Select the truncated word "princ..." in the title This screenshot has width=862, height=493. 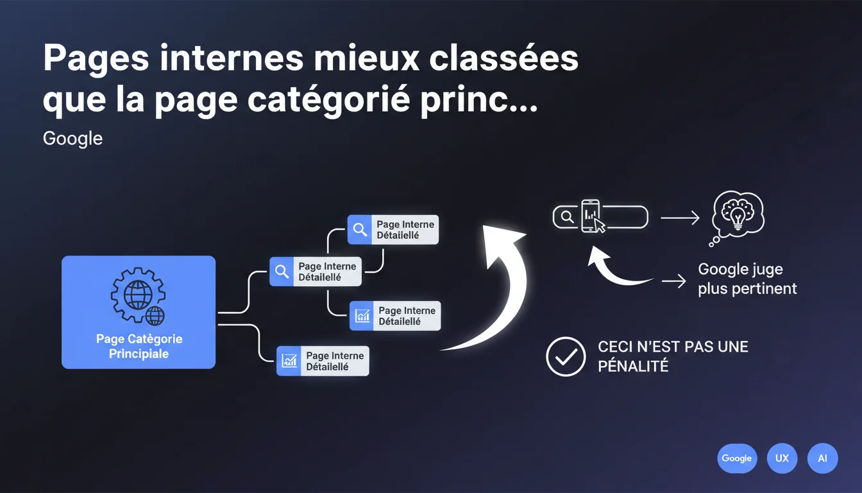[x=479, y=102]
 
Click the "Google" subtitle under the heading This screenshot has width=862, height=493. [x=72, y=138]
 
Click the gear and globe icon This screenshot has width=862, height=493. [x=138, y=297]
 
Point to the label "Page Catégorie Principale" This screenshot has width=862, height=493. [x=139, y=346]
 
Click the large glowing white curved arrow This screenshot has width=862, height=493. [x=497, y=282]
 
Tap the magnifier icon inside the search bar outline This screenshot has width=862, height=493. [x=567, y=217]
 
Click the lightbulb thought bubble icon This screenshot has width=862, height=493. [x=738, y=216]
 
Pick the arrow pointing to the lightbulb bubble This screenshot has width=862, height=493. [x=680, y=219]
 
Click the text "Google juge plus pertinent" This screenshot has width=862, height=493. [x=747, y=279]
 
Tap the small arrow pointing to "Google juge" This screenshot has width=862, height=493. [x=673, y=281]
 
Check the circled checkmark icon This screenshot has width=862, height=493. [x=565, y=356]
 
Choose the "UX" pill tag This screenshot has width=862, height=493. [x=782, y=458]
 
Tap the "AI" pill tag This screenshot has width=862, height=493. [x=822, y=458]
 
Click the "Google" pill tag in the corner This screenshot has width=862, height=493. [x=736, y=458]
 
